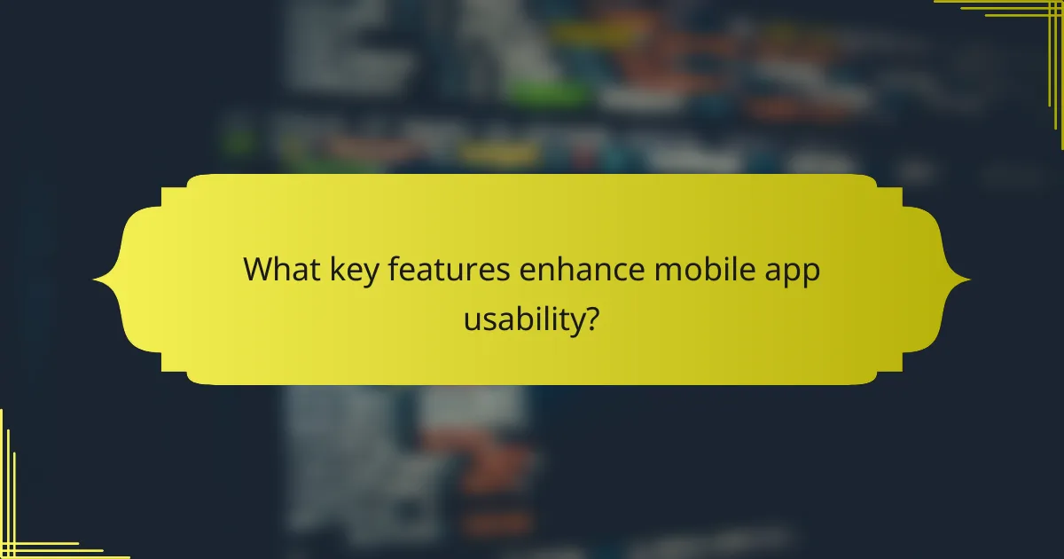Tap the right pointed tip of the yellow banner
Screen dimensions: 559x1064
[x=968, y=280]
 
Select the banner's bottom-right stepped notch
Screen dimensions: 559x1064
[x=889, y=364]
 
